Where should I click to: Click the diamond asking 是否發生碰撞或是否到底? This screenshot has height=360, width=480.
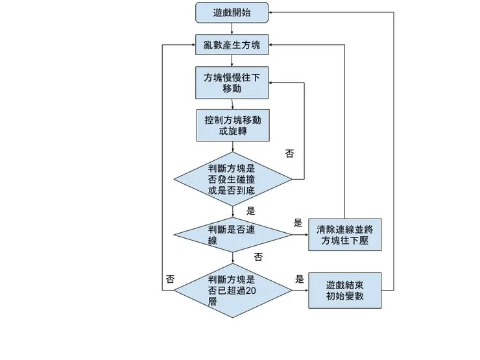point(232,179)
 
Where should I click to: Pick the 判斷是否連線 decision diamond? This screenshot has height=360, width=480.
point(232,234)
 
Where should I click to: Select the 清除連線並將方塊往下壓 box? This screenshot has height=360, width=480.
point(344,235)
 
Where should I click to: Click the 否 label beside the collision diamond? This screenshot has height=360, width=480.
point(289,154)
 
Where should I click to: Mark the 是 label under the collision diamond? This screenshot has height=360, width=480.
point(251,210)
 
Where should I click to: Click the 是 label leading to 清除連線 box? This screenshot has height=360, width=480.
point(298,222)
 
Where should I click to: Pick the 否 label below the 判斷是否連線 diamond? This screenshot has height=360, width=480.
point(258,257)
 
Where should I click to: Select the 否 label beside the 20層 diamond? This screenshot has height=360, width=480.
point(170,279)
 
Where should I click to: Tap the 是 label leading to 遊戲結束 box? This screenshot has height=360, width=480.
point(300,279)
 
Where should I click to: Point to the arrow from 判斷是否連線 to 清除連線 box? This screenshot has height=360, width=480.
point(300,234)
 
